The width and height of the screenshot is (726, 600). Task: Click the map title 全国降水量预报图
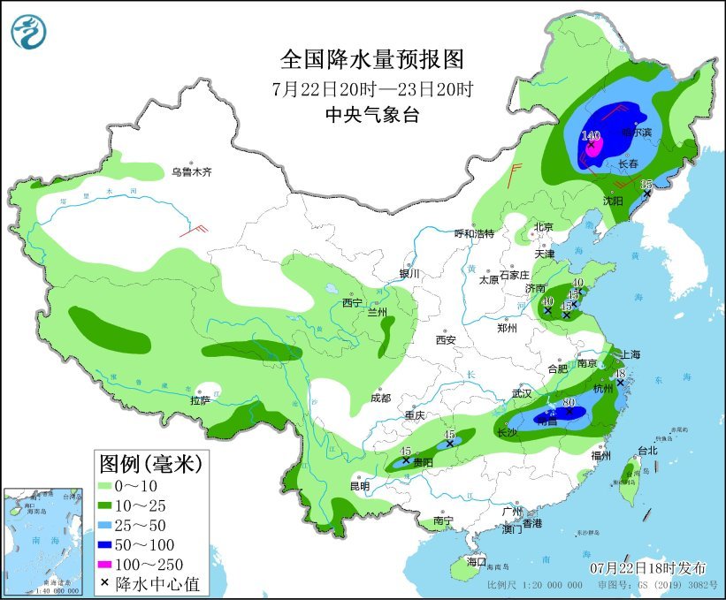click(371, 59)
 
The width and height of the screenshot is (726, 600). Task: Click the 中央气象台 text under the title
click(371, 114)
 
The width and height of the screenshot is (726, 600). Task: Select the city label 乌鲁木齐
click(192, 172)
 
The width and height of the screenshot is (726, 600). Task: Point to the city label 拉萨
click(200, 400)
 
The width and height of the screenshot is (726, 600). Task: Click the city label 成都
click(380, 398)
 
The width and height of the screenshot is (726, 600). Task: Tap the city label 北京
click(543, 227)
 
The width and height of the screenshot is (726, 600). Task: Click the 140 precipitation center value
click(591, 136)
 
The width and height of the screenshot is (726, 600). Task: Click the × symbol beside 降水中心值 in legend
click(107, 583)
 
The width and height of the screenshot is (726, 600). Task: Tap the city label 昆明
click(359, 486)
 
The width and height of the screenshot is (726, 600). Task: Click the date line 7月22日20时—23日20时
click(371, 88)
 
